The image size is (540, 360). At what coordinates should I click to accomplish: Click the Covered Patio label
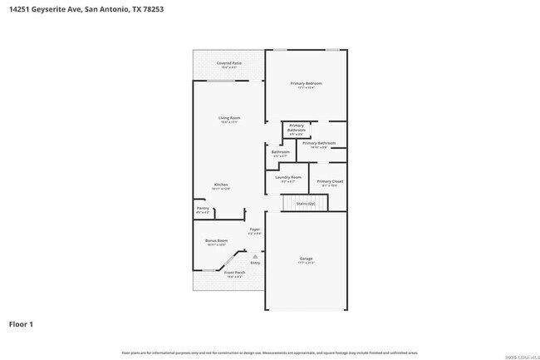pyautogui.click(x=229, y=63)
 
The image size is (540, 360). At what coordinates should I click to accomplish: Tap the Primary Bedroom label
pyautogui.click(x=306, y=84)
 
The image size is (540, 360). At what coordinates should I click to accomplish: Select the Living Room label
pyautogui.click(x=229, y=118)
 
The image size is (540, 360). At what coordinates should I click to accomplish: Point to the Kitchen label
pyautogui.click(x=221, y=185)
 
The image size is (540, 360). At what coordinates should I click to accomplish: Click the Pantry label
pyautogui.click(x=202, y=208)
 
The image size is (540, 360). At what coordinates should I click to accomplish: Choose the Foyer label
pyautogui.click(x=255, y=229)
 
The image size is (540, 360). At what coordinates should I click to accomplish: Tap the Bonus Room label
pyautogui.click(x=216, y=240)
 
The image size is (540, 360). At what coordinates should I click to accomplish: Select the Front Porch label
pyautogui.click(x=234, y=273)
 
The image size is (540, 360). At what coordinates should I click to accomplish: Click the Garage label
pyautogui.click(x=306, y=259)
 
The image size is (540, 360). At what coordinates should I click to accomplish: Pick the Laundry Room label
pyautogui.click(x=289, y=177)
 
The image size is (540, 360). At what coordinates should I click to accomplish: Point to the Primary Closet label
pyautogui.click(x=330, y=181)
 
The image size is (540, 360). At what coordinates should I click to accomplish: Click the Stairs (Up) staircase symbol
pyautogui.click(x=300, y=204)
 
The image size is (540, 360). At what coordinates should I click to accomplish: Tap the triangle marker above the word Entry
pyautogui.click(x=255, y=256)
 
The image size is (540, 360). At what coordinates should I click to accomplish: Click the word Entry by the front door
pyautogui.click(x=255, y=263)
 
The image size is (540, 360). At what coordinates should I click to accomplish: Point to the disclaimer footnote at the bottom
pyautogui.click(x=269, y=353)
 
